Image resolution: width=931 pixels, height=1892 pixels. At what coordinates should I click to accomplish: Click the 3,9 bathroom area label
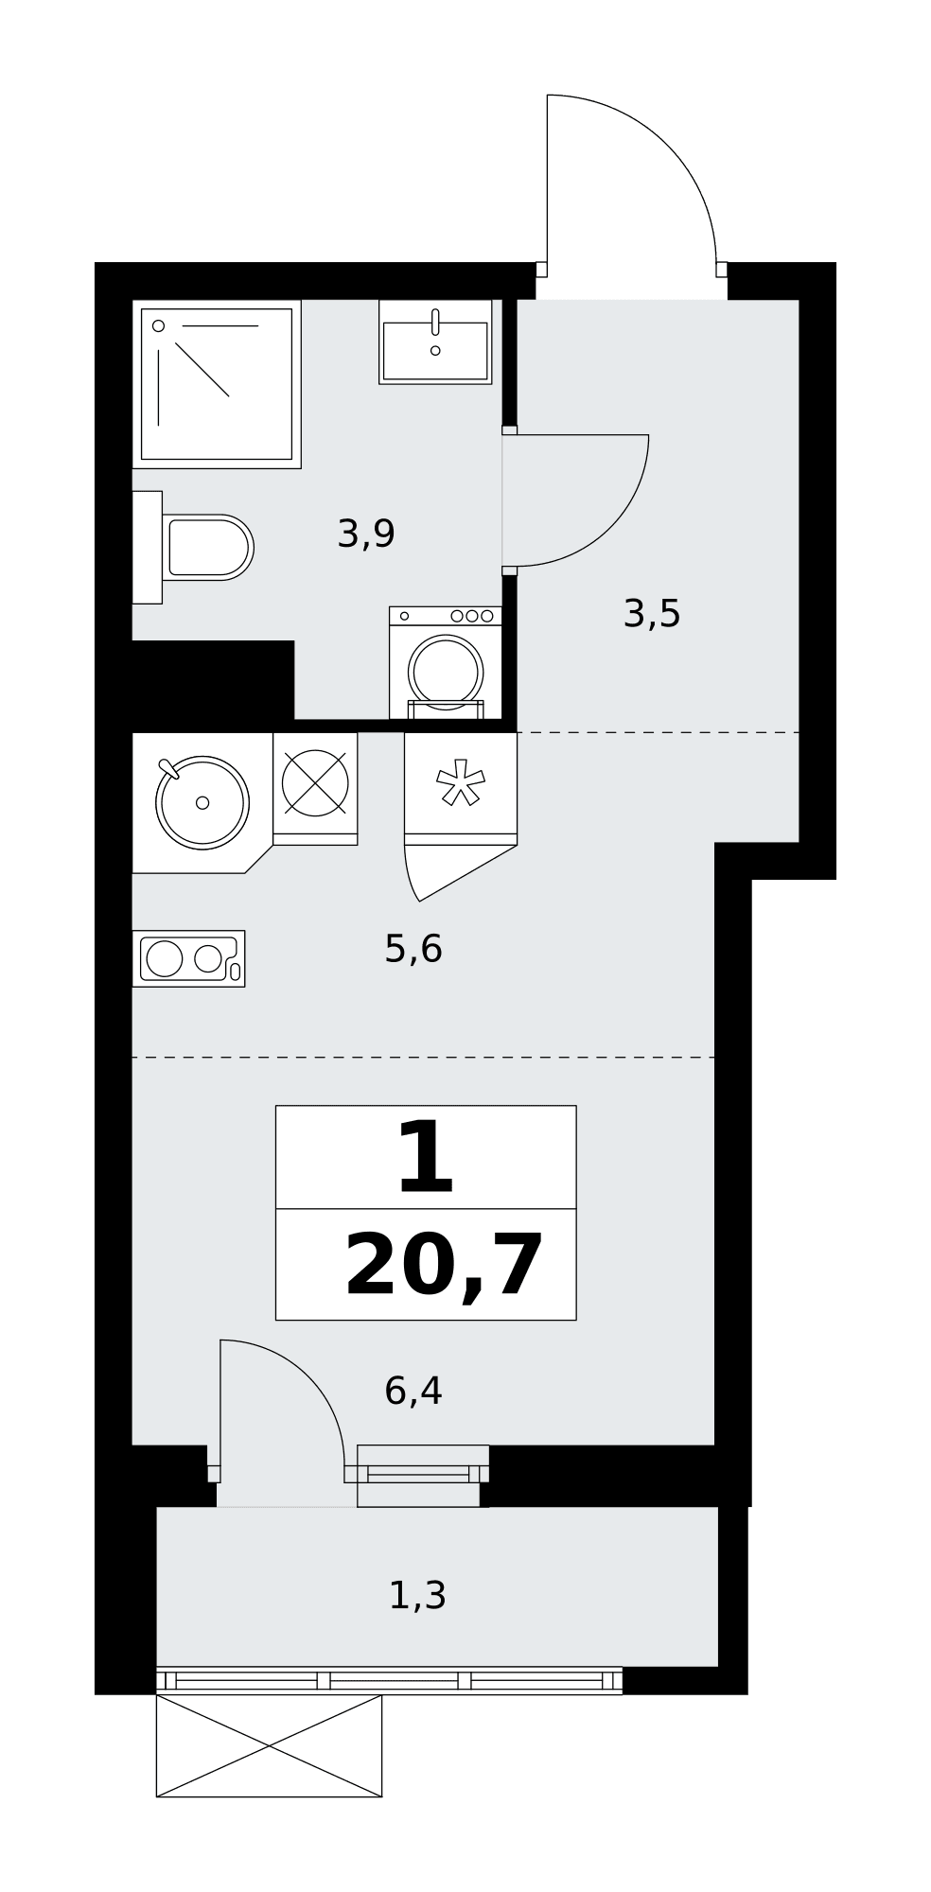[366, 534]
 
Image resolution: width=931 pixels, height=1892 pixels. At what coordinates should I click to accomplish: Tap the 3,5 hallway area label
[652, 614]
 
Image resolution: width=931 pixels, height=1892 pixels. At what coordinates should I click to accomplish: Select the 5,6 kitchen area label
[413, 948]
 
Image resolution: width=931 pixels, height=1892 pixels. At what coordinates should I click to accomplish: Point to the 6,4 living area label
[413, 1391]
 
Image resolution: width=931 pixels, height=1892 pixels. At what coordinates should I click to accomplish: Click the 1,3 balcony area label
[417, 1596]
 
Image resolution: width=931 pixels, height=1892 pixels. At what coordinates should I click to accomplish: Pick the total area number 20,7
[445, 1266]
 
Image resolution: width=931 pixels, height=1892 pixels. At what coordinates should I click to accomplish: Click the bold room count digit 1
[426, 1157]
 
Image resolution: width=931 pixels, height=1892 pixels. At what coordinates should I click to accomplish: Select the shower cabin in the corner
[217, 384]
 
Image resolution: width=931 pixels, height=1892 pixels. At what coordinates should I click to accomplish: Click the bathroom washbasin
[435, 342]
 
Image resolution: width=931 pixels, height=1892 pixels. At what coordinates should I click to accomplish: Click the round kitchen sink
[202, 802]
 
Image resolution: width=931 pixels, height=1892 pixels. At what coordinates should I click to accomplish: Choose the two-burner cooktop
[188, 958]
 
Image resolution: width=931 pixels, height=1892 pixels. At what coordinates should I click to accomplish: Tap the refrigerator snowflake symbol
[461, 783]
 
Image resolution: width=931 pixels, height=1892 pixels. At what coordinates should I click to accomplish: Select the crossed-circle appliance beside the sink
[315, 783]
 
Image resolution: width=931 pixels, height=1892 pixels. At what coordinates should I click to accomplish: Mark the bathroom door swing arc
[609, 526]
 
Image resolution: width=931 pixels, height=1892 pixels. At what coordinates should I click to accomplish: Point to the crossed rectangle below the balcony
[269, 1745]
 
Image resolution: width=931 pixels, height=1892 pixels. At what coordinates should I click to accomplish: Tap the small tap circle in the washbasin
[435, 351]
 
